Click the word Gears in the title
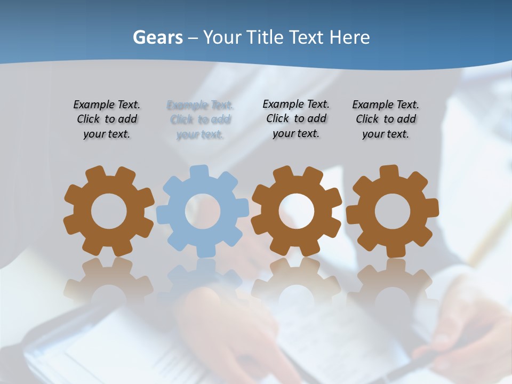(157, 37)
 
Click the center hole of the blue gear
(203, 211)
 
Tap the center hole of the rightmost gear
(392, 211)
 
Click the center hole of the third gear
(296, 211)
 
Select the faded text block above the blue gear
(200, 119)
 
